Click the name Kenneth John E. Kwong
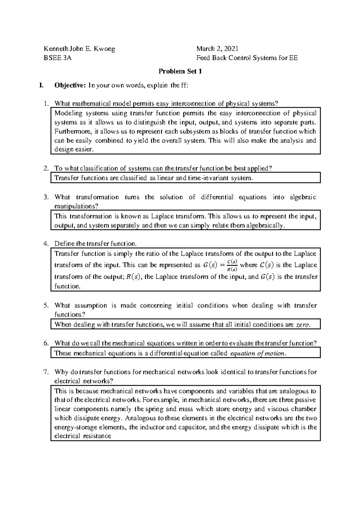(79, 49)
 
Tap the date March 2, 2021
(217, 49)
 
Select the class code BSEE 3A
(58, 58)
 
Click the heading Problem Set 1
(180, 71)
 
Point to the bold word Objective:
(70, 85)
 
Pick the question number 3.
(46, 197)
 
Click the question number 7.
(46, 372)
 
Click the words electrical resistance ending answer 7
(82, 436)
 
